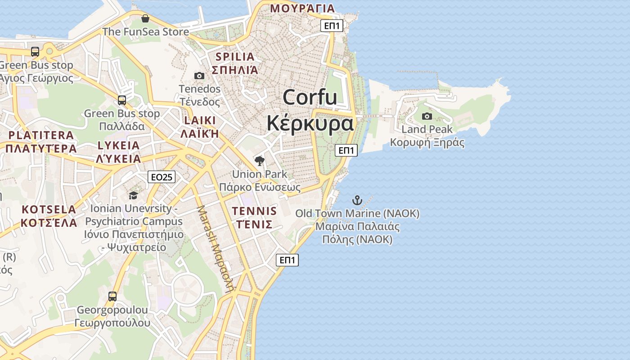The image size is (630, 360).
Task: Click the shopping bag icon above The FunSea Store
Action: [x=145, y=19]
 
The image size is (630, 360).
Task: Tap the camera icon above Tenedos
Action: [x=199, y=76]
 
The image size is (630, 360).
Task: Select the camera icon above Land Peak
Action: [x=427, y=117]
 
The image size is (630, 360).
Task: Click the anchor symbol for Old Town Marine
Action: [x=357, y=200]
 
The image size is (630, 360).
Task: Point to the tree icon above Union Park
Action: [x=259, y=161]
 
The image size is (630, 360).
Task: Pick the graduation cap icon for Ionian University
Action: [x=133, y=195]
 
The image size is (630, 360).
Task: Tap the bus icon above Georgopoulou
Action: [x=112, y=297]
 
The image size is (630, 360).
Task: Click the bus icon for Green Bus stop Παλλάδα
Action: [x=122, y=100]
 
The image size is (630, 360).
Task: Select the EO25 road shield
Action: [x=162, y=177]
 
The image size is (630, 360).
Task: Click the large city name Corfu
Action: [x=310, y=97]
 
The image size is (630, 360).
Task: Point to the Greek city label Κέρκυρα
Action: [x=310, y=123]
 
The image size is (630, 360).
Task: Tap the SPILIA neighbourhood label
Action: [x=235, y=57]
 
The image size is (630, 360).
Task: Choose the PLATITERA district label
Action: [x=41, y=135]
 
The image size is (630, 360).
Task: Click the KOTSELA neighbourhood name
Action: [x=49, y=209]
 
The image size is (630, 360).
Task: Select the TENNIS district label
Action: [x=254, y=211]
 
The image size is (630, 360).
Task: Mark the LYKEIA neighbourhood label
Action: [x=119, y=145]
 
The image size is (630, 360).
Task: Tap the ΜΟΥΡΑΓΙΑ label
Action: [x=302, y=8]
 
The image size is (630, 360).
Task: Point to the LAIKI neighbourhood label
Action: [x=200, y=120]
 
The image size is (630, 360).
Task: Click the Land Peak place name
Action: [x=427, y=130]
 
